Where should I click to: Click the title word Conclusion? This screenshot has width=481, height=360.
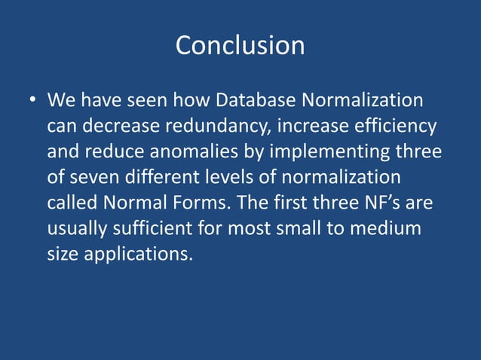coord(240,46)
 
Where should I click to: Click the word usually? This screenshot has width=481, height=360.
coord(78,228)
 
